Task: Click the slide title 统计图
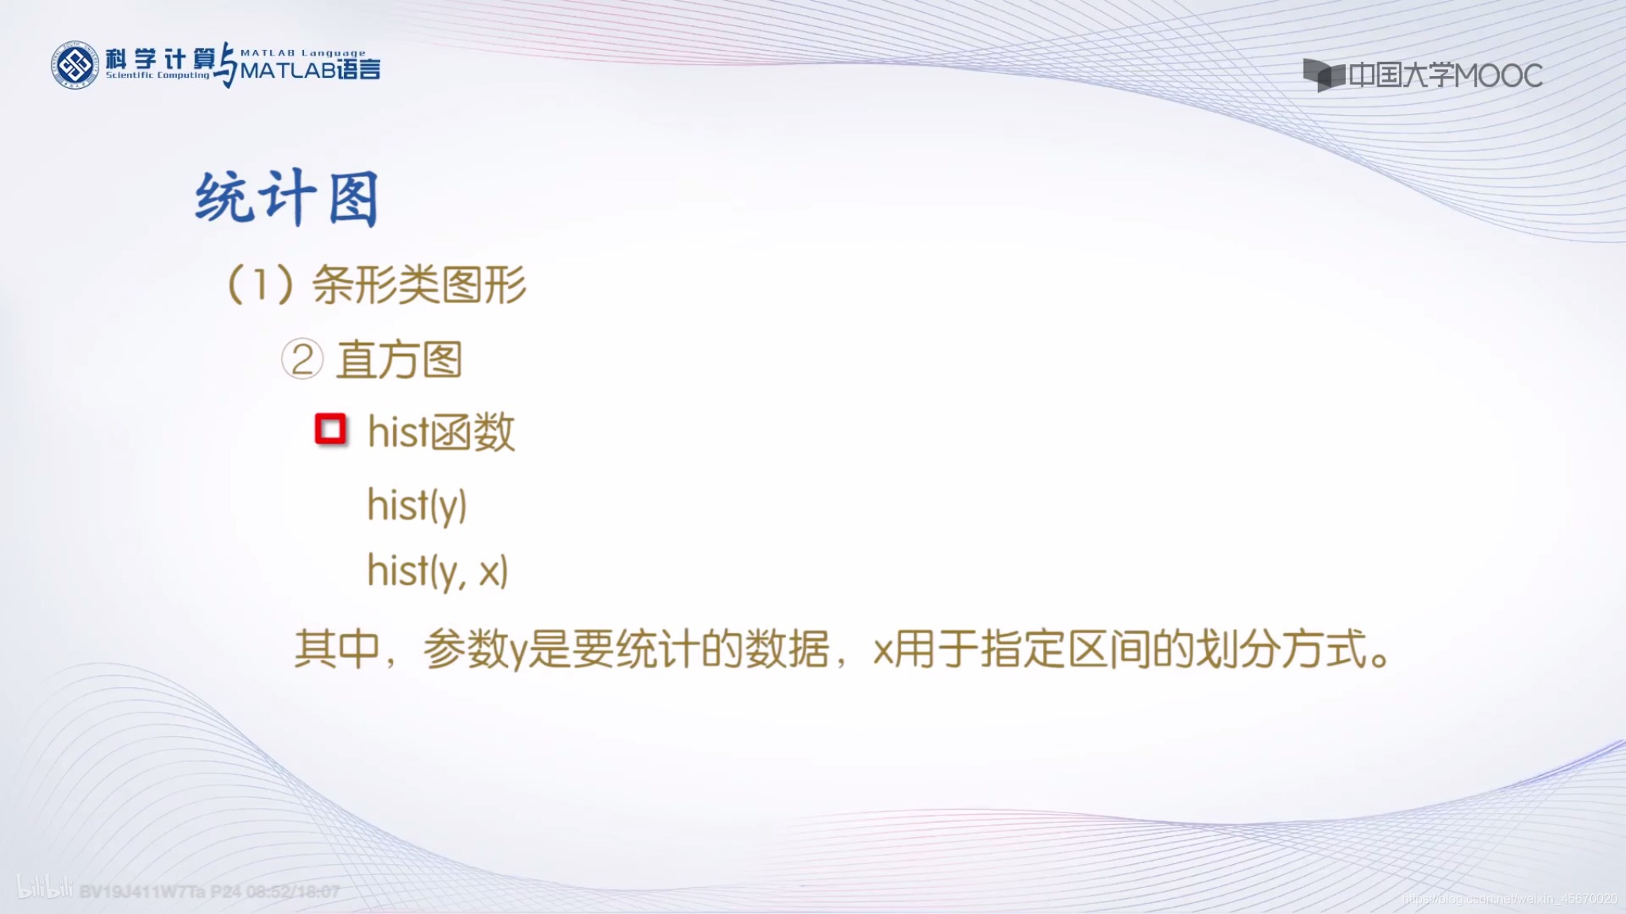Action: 287,198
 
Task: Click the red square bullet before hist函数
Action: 330,429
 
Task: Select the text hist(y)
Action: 417,505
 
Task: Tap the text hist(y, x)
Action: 437,570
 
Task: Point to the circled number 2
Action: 302,360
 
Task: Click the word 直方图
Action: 399,360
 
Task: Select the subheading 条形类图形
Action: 419,284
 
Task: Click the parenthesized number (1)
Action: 260,284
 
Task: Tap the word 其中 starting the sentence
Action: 337,649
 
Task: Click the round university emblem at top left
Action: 75,65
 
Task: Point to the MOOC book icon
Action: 1324,75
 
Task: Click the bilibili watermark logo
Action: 44,889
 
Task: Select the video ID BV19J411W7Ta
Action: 142,892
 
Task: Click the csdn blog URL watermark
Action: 1508,899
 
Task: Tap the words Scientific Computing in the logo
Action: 158,75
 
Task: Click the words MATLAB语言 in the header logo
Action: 310,71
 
